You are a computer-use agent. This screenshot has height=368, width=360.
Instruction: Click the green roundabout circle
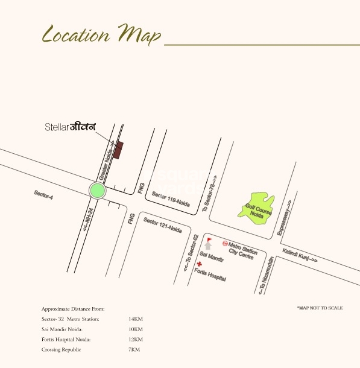pos(97,191)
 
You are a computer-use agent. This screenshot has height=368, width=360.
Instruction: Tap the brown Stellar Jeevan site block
pos(119,150)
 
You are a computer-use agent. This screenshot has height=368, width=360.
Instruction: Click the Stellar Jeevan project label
pos(71,127)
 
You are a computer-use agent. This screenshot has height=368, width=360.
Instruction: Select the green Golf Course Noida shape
pos(259,208)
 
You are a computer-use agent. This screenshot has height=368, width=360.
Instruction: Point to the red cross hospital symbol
pos(200,265)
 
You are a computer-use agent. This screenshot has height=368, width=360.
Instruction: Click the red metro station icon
pos(226,244)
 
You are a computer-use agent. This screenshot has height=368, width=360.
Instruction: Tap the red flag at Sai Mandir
pos(209,241)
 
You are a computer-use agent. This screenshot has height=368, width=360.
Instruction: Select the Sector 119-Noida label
pos(171,200)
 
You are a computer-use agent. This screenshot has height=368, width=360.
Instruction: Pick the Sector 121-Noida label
pos(162,226)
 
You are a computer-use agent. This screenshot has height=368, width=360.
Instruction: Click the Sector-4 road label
pos(43,195)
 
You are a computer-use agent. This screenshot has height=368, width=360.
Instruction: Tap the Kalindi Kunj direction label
pos(299,255)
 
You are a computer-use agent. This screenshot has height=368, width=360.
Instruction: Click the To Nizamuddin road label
pos(266,274)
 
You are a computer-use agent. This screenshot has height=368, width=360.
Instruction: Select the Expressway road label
pos(284,217)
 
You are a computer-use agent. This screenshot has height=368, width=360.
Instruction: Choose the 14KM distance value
pos(135,319)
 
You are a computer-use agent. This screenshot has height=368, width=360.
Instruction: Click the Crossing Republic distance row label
pos(61,350)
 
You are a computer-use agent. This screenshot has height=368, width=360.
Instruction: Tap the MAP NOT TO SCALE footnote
pos(320,308)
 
